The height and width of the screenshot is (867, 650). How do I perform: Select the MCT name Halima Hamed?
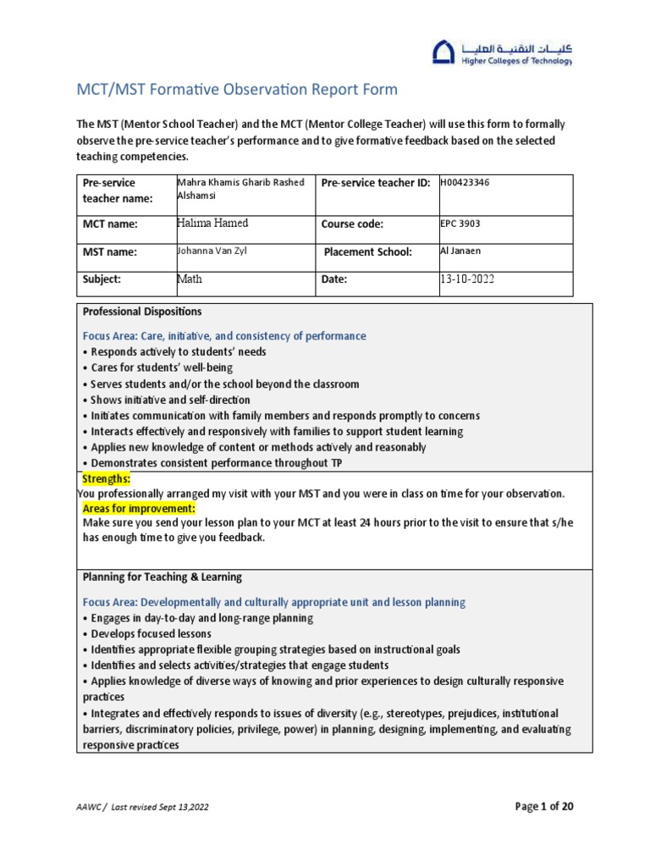click(212, 224)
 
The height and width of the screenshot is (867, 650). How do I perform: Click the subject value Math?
click(190, 279)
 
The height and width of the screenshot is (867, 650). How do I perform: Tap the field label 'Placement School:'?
click(366, 252)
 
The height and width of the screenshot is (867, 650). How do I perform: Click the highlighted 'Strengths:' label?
click(106, 479)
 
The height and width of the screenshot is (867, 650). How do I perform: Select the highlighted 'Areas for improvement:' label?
click(139, 508)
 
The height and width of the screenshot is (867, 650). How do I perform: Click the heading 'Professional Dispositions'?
click(142, 312)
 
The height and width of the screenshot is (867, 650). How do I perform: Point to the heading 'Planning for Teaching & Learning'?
click(162, 577)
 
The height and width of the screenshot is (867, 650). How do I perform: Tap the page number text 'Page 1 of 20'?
click(544, 806)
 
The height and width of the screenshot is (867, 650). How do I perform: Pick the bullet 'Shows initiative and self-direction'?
click(166, 400)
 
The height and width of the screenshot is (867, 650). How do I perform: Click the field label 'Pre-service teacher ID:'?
click(376, 183)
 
